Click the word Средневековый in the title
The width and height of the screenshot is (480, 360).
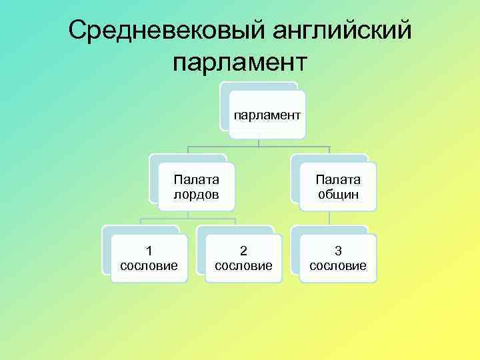[x=162, y=30]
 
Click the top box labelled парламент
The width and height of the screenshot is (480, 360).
[x=267, y=115]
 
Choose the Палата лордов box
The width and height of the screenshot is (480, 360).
[x=196, y=187]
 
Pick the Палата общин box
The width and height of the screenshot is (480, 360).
[x=338, y=187]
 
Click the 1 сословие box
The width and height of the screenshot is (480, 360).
[x=149, y=259]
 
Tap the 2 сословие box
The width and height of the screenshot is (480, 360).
[x=243, y=259]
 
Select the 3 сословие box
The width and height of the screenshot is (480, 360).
[x=338, y=259]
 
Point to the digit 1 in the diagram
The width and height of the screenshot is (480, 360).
[x=149, y=251]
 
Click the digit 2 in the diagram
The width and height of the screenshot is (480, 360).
[x=243, y=251]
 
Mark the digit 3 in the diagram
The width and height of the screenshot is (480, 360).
[x=338, y=251]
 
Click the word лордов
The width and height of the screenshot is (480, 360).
[x=196, y=195]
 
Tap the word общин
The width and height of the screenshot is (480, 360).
[x=338, y=195]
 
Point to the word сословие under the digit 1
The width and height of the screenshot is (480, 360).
[x=149, y=266]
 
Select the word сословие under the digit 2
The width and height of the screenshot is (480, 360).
[x=243, y=266]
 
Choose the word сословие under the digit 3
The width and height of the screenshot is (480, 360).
[x=338, y=266]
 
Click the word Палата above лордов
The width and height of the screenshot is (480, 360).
[x=196, y=179]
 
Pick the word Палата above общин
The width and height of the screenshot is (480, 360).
[x=338, y=179]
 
